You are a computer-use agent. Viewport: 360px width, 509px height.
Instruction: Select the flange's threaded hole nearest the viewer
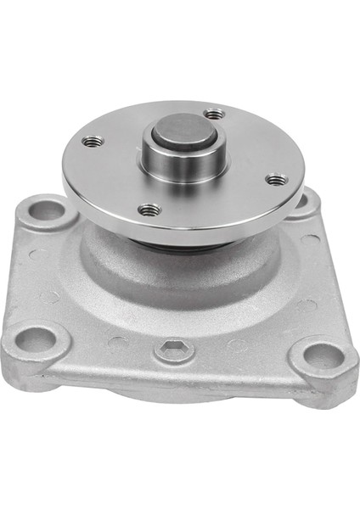point(150,208)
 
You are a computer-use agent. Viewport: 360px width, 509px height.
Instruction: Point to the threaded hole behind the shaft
point(216,113)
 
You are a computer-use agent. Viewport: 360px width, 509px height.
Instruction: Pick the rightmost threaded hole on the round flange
point(276,179)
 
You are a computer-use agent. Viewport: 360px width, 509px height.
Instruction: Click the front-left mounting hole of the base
point(37,340)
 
